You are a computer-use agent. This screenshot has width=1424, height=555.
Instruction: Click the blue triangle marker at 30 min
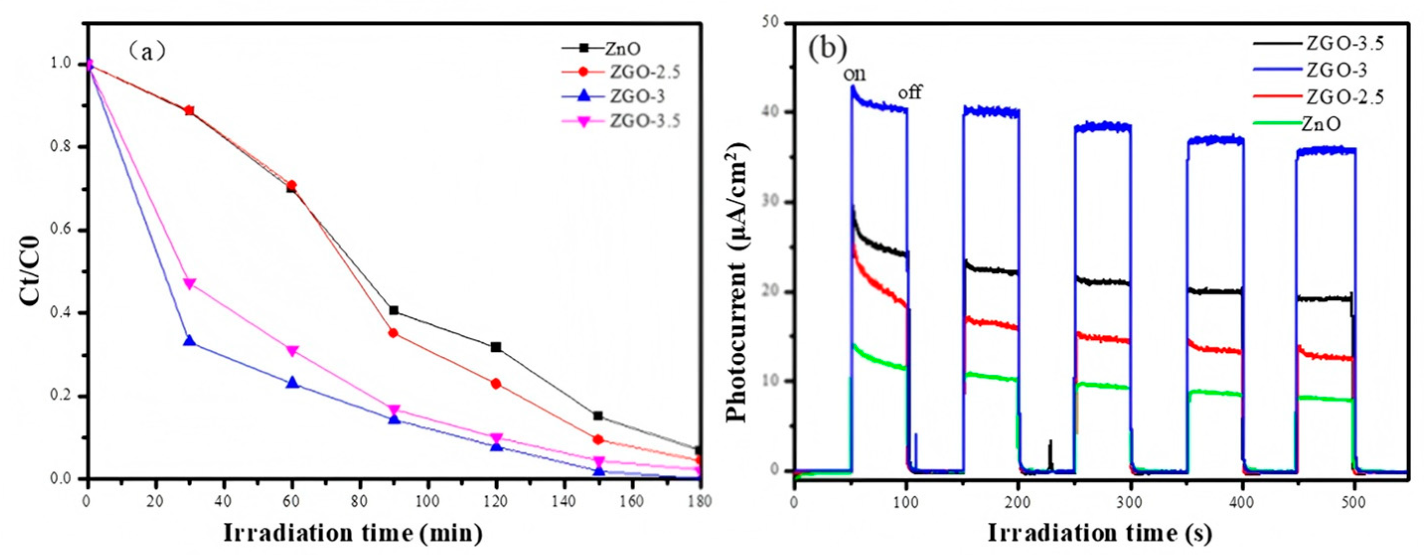[190, 340]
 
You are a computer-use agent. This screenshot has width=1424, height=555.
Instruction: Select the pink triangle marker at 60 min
[293, 350]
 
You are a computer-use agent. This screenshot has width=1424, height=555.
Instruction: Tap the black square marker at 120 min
[496, 347]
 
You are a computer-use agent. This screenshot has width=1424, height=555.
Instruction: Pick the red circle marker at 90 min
[393, 333]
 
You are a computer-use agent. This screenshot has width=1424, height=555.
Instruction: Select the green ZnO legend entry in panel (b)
[1321, 124]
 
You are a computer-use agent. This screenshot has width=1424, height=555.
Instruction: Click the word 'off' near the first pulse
[909, 92]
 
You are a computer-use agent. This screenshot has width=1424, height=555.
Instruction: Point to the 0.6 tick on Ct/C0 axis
[66, 231]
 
